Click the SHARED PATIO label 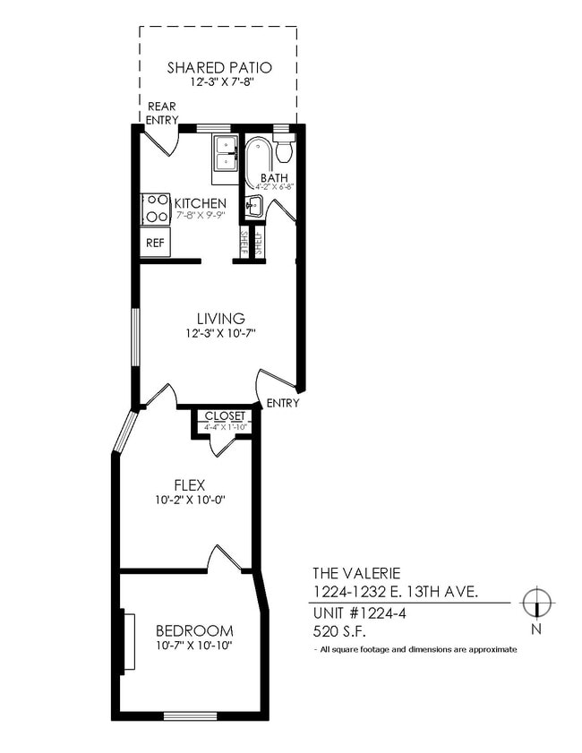coord(218,67)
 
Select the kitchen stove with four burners coord(156,209)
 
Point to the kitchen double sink coord(225,153)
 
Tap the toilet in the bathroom coord(284,148)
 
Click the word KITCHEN coord(200,204)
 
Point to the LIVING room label coord(220,319)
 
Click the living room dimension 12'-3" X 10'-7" coord(220,334)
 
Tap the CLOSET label coord(225,416)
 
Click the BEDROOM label coord(194,630)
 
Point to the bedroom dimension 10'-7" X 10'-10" coord(194,646)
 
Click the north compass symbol coord(536,604)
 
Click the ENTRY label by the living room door coord(283,403)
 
